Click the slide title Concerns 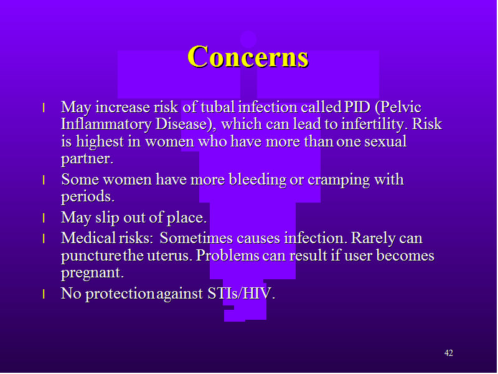click(x=248, y=56)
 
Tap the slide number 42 click(x=448, y=353)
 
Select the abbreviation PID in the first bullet click(x=357, y=107)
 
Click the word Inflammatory click(x=106, y=124)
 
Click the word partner click(x=87, y=159)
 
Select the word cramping click(x=339, y=180)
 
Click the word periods click(x=88, y=196)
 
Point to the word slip click(x=107, y=218)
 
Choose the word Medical click(x=88, y=238)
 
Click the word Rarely click(x=373, y=239)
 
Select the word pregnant click(x=92, y=273)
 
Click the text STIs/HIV click(x=241, y=293)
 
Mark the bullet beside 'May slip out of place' click(x=44, y=218)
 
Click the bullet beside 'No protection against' click(x=44, y=294)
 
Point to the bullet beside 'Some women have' click(x=44, y=180)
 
